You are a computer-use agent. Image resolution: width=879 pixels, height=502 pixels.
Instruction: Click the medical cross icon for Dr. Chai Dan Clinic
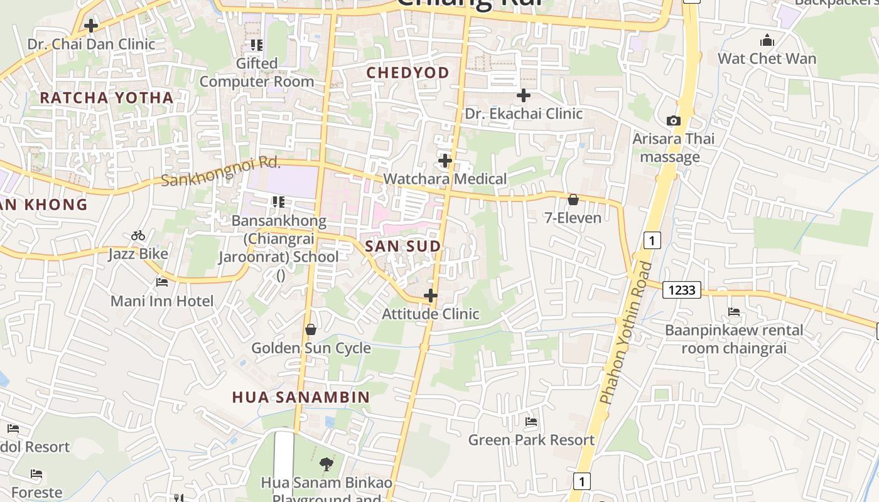click(91, 26)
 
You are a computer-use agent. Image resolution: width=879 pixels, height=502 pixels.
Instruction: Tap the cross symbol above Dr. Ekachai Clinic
click(524, 95)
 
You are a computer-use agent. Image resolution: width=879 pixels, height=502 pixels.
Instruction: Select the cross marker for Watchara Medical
click(445, 161)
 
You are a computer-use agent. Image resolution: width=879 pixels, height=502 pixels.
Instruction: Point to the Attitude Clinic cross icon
click(431, 296)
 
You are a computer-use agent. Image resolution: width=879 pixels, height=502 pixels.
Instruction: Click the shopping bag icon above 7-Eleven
click(573, 200)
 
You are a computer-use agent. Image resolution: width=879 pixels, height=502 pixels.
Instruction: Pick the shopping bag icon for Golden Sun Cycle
click(311, 329)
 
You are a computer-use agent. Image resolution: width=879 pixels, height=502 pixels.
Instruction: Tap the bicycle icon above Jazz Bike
click(138, 235)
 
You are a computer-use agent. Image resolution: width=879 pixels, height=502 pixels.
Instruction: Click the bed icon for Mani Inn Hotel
click(162, 282)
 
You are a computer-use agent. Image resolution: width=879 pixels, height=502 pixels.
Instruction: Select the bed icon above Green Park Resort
click(531, 422)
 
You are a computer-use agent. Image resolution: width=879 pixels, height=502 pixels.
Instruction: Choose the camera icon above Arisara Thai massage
click(673, 120)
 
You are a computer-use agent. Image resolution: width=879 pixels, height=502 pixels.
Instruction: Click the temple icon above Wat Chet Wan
click(767, 41)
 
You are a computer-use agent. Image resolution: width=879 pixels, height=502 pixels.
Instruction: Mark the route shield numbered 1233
click(682, 289)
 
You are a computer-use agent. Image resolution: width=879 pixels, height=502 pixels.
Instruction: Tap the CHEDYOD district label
click(408, 73)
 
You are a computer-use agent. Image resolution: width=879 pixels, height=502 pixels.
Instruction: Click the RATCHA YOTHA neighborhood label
click(107, 98)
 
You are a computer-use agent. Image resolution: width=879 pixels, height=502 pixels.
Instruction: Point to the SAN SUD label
click(403, 246)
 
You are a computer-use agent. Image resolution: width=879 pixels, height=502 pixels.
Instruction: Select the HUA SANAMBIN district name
click(301, 397)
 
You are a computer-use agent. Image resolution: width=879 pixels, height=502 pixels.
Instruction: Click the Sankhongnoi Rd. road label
click(220, 171)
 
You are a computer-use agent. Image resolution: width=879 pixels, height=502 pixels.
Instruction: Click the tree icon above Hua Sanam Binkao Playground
click(326, 464)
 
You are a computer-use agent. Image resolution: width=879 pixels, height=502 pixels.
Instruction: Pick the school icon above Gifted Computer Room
click(256, 45)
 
